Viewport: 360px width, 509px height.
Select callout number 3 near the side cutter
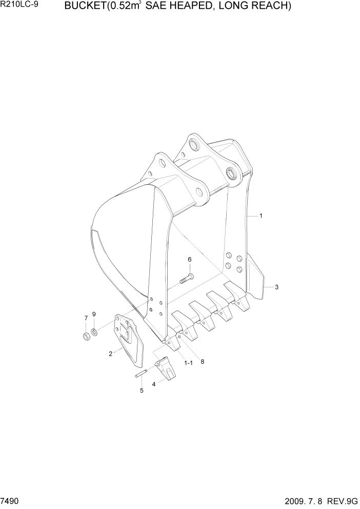pyautogui.click(x=276, y=287)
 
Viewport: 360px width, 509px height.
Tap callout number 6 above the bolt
pyautogui.click(x=189, y=260)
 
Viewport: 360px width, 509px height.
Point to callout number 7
pyautogui.click(x=86, y=318)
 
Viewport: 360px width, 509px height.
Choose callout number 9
pyautogui.click(x=94, y=314)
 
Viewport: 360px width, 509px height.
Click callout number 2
pyautogui.click(x=110, y=354)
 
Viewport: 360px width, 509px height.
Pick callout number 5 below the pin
pyautogui.click(x=142, y=390)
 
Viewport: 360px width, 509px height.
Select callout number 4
pyautogui.click(x=153, y=383)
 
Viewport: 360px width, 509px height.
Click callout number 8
pyautogui.click(x=203, y=361)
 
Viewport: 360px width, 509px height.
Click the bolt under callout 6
pyautogui.click(x=186, y=279)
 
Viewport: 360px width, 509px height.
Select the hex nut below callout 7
pyautogui.click(x=86, y=336)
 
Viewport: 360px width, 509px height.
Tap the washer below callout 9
pyautogui.click(x=95, y=331)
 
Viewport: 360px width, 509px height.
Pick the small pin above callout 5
pyautogui.click(x=142, y=375)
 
